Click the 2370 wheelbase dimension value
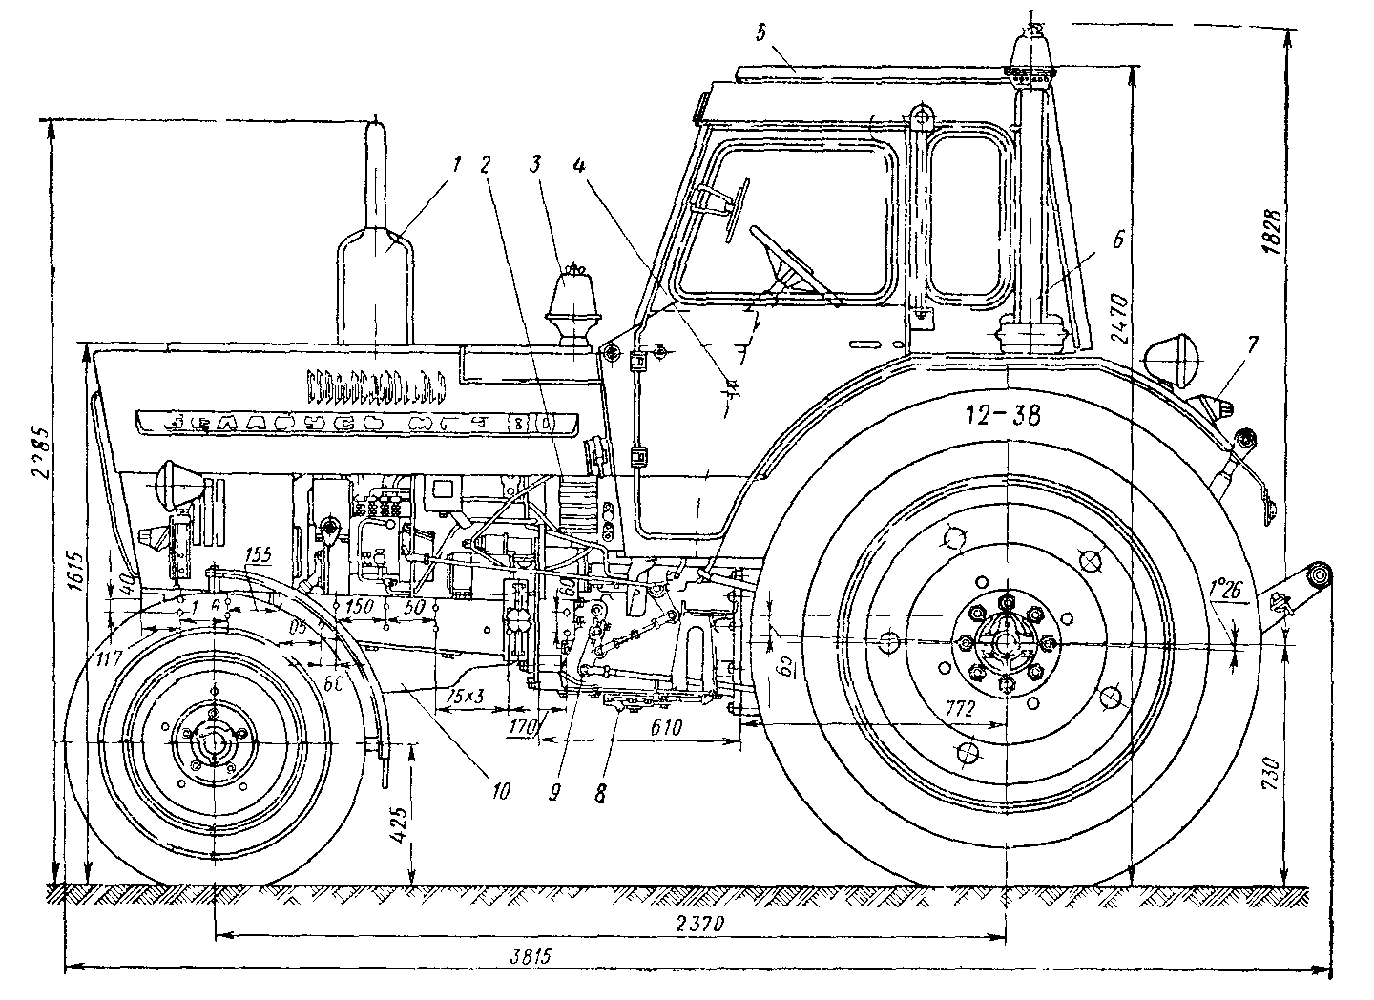[701, 924]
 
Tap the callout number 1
[457, 164]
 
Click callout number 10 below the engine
[502, 790]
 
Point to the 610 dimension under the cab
[665, 727]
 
